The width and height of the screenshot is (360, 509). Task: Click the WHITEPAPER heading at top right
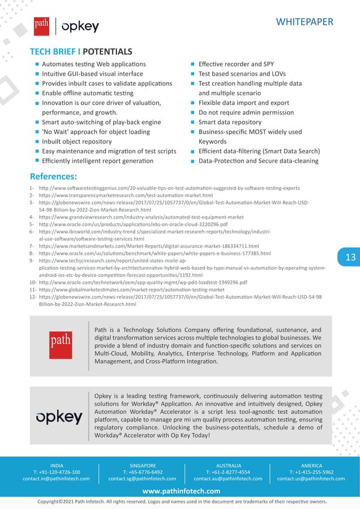tap(304, 22)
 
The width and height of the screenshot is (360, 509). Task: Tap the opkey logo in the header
tap(80, 26)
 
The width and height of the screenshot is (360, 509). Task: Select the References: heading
tap(53, 176)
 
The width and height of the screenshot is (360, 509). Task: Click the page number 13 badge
tap(350, 257)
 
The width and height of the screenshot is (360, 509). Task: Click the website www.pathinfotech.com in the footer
tap(181, 491)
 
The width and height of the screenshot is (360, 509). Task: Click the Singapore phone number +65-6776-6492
tap(142, 472)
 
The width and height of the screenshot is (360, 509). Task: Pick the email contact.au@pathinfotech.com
tap(228, 479)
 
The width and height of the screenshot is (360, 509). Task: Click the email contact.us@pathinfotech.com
tap(311, 479)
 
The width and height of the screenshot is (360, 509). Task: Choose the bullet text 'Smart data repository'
tap(230, 122)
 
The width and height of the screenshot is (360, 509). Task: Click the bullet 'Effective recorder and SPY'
tap(236, 64)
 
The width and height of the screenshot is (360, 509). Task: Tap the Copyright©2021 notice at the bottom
tap(181, 501)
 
